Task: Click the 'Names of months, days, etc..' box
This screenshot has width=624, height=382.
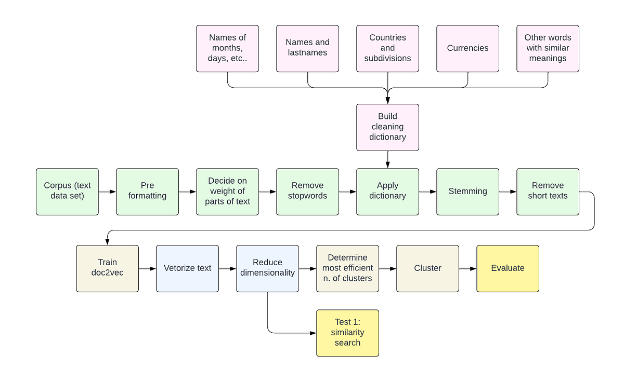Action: point(227,48)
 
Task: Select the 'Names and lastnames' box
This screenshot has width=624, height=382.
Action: point(307,48)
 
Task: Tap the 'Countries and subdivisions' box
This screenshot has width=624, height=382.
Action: point(387,48)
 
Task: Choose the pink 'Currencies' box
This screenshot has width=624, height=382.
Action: point(467,48)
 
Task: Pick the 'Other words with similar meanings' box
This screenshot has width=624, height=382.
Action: point(548,48)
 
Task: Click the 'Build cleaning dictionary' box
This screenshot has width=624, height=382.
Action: point(387,127)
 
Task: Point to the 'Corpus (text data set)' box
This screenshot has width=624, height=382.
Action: point(68,192)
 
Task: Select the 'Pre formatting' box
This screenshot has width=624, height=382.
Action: point(147,192)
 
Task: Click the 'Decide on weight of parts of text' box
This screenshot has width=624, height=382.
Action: point(227,192)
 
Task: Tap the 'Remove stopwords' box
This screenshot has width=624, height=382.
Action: point(307,192)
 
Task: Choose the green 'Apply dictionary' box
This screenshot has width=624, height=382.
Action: point(387,192)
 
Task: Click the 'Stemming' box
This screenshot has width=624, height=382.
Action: point(467,192)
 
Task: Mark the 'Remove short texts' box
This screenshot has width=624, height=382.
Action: point(548,192)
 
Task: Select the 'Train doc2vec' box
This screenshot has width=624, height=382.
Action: point(107,268)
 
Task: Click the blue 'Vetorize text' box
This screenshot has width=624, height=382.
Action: point(187,268)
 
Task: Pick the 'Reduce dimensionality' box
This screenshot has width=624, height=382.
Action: point(267,268)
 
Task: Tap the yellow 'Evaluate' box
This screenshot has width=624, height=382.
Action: point(508,268)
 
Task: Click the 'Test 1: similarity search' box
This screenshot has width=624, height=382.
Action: point(347,333)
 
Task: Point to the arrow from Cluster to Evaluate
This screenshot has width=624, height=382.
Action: point(467,269)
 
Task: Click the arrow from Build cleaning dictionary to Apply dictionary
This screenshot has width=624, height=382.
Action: point(387,159)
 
